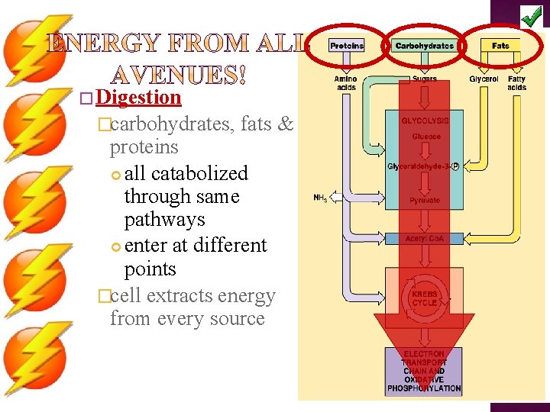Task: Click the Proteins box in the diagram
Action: click(x=347, y=46)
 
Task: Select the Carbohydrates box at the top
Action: click(x=424, y=46)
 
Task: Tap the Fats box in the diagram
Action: click(x=500, y=46)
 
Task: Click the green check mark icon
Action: click(x=532, y=14)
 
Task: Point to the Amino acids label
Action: click(x=345, y=82)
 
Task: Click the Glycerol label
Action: click(x=484, y=79)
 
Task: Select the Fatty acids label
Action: click(x=516, y=82)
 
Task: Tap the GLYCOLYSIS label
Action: click(x=425, y=121)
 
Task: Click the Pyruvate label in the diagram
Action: click(x=425, y=200)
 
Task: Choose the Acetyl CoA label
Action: click(x=425, y=239)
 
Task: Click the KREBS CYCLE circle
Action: click(x=425, y=298)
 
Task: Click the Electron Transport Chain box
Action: click(x=424, y=372)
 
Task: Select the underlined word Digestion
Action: click(x=139, y=98)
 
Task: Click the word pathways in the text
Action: click(x=164, y=220)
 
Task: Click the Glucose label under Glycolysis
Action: click(x=425, y=137)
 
